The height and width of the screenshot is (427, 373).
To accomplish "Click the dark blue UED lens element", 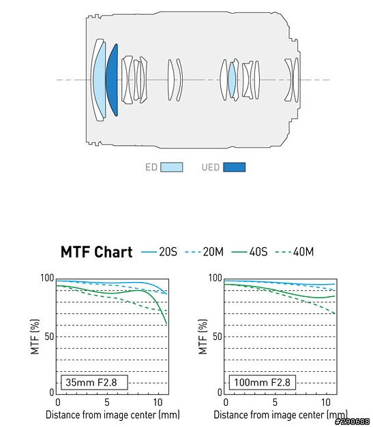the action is pyautogui.click(x=113, y=80).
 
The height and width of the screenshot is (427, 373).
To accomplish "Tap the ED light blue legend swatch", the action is pyautogui.click(x=172, y=167).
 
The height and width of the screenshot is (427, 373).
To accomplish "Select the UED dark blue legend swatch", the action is pyautogui.click(x=234, y=167).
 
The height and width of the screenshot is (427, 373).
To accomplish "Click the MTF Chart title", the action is pyautogui.click(x=97, y=252).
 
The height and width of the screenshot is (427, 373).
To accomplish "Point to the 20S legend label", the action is pyautogui.click(x=168, y=252).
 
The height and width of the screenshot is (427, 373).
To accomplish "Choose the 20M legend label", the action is pyautogui.click(x=213, y=252).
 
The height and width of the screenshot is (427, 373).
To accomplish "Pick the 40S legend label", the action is pyautogui.click(x=258, y=252).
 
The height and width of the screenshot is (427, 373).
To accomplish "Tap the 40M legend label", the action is pyautogui.click(x=303, y=252).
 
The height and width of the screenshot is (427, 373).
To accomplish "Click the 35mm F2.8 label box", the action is pyautogui.click(x=94, y=382).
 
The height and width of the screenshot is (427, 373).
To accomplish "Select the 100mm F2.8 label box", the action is pyautogui.click(x=262, y=382).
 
